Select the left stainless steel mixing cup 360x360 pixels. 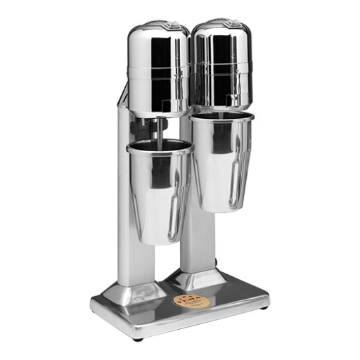tap(158, 190)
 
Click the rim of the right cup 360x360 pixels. tap(221, 115)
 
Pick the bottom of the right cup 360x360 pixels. tap(220, 208)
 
